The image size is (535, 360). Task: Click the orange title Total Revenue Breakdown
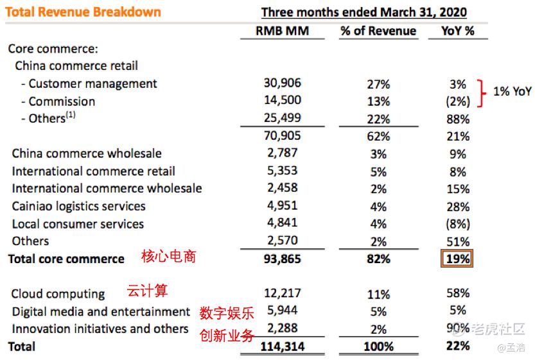(x=84, y=12)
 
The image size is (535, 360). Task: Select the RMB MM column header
(x=283, y=31)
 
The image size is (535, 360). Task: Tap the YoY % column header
(x=458, y=31)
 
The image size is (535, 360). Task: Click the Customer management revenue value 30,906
(x=282, y=83)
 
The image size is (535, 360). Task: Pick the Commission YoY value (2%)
(x=457, y=101)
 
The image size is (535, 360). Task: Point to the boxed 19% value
(x=457, y=259)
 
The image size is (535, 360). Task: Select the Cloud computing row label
(x=58, y=294)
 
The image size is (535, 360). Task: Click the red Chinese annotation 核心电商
(x=168, y=257)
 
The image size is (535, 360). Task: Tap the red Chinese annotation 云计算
(x=148, y=291)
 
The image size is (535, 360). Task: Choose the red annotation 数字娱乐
(x=226, y=313)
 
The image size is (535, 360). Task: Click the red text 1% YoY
(x=512, y=92)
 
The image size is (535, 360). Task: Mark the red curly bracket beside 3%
(x=481, y=92)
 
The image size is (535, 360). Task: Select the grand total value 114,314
(x=282, y=347)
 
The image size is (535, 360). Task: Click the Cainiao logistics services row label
(x=78, y=207)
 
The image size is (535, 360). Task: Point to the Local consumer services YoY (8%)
(x=457, y=225)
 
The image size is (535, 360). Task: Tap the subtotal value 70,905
(x=282, y=136)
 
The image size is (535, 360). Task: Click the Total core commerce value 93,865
(x=282, y=259)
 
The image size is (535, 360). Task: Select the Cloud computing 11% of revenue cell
(x=378, y=295)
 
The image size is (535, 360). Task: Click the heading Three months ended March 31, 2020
(x=364, y=12)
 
